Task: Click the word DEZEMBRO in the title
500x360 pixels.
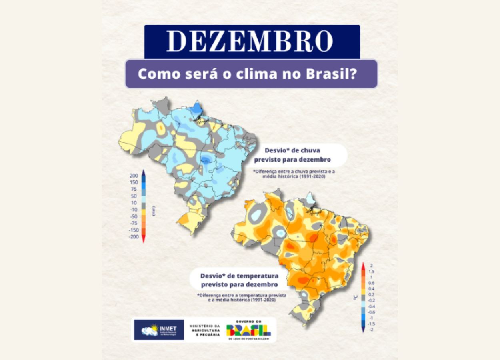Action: pos(250,41)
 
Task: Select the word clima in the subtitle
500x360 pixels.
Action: pos(254,74)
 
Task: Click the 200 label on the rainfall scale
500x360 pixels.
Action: pos(134,176)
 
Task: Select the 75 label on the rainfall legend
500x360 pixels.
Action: pos(134,189)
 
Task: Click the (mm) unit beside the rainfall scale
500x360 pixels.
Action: pos(154,211)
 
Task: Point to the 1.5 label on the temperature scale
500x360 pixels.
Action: pos(372,271)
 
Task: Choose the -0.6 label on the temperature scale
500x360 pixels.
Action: pos(371,312)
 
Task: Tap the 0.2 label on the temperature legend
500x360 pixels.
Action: pos(372,294)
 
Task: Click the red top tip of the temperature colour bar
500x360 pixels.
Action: pos(363,265)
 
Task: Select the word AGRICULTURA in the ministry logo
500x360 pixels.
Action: pos(204,330)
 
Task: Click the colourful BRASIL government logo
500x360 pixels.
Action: pos(248,330)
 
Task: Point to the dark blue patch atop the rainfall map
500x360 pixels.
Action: pos(197,108)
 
